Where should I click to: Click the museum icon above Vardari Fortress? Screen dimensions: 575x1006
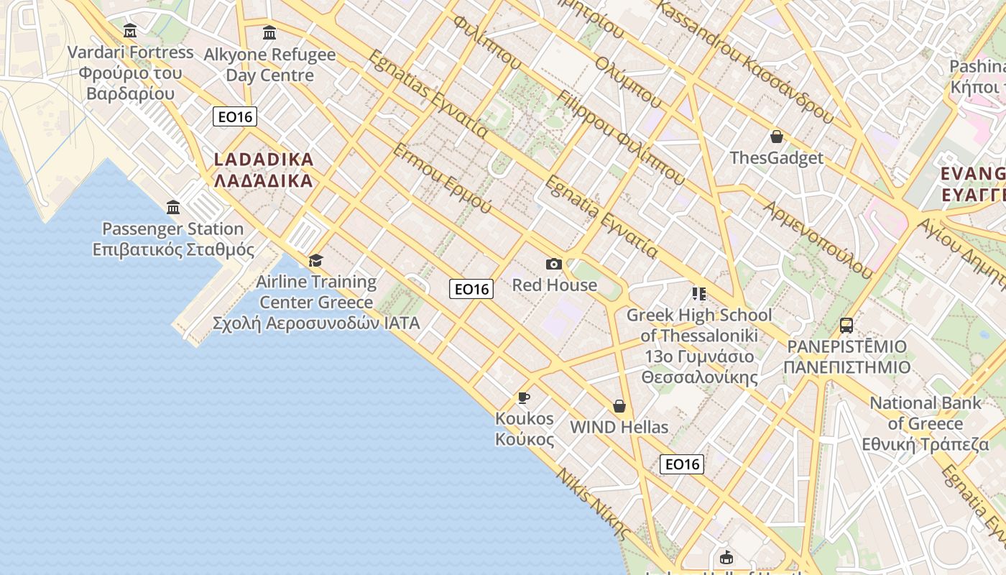tap(130, 31)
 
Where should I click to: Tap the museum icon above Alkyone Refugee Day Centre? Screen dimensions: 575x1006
tap(269, 32)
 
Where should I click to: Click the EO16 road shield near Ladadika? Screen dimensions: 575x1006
tap(235, 116)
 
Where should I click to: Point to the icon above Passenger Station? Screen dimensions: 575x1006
tap(173, 208)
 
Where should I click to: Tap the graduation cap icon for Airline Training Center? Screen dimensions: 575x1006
tap(315, 260)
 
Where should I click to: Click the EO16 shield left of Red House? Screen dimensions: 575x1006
tap(471, 289)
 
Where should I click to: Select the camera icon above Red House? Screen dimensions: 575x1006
tap(553, 264)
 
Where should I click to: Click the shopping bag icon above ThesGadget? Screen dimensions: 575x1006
tap(776, 137)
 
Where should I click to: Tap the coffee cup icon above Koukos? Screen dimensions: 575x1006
tap(524, 397)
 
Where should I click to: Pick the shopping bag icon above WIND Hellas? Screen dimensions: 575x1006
tap(619, 406)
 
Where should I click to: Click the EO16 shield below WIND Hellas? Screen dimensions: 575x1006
tap(681, 464)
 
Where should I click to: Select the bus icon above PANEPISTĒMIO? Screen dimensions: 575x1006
tap(846, 326)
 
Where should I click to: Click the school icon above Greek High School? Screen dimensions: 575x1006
tap(698, 293)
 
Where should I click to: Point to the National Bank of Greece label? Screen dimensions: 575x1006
tap(926, 423)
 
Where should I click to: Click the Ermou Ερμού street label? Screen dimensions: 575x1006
tap(442, 178)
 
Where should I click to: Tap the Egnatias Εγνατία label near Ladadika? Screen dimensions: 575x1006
tap(428, 94)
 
